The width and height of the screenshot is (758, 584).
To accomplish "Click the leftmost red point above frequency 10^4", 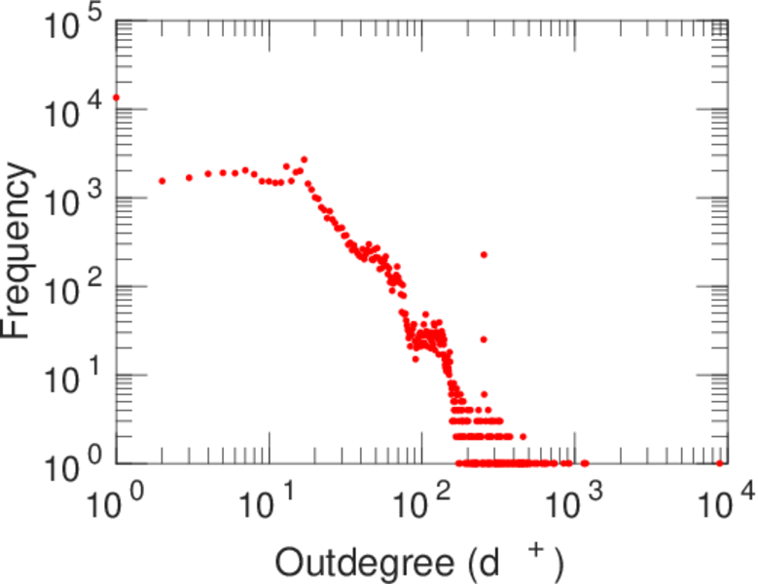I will point(117,97).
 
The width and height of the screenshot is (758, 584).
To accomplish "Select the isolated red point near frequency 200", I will point(484,255).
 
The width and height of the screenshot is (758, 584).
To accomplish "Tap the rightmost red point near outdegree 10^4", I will point(720,463).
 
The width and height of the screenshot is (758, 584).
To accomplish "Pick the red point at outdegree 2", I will point(162,181).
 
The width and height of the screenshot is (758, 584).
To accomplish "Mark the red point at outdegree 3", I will point(189,177).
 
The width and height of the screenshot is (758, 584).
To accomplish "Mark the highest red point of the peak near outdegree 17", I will point(304,160).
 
